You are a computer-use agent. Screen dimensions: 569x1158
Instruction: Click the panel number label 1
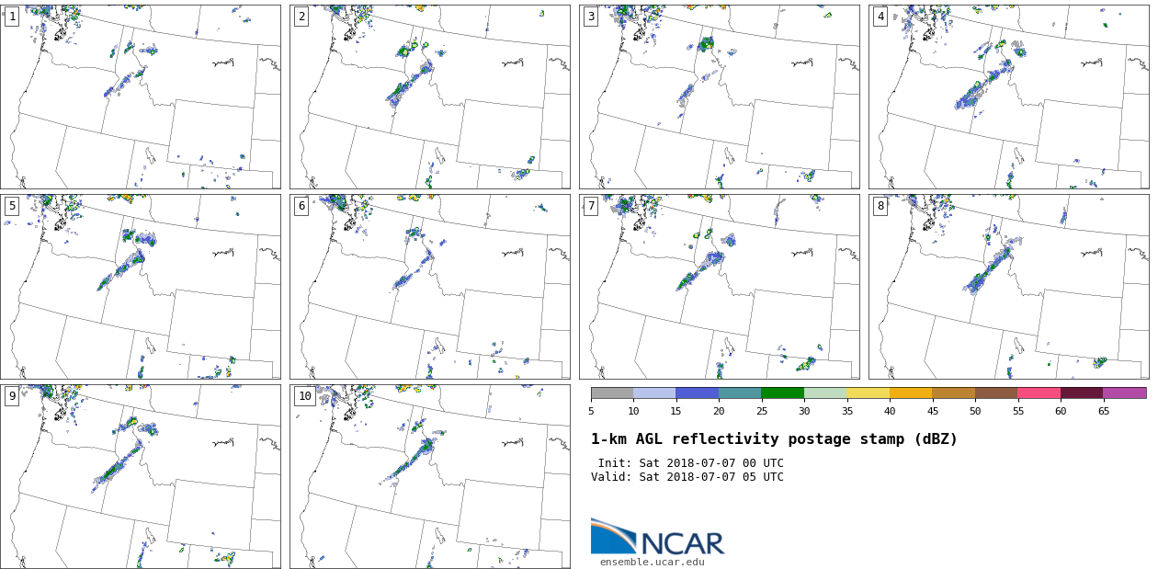(12, 17)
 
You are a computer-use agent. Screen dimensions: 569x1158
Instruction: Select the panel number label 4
(880, 17)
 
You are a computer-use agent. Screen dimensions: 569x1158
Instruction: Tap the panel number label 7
(591, 206)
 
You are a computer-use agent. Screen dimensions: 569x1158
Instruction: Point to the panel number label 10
(304, 396)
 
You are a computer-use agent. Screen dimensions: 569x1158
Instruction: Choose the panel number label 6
(301, 206)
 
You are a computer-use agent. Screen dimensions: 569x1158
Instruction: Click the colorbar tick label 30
(804, 411)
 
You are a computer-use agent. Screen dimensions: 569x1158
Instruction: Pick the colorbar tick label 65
(1103, 411)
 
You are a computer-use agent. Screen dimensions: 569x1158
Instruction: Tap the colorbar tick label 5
(591, 411)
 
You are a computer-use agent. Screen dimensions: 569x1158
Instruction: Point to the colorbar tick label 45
(932, 411)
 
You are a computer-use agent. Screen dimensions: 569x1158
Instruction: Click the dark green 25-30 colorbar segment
(782, 393)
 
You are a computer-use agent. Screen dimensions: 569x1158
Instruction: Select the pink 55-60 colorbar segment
(1039, 393)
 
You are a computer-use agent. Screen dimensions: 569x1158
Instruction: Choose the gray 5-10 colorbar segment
(612, 393)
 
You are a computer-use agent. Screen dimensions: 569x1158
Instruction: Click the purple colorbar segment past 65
(1124, 393)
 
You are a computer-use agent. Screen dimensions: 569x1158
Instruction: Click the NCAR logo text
(682, 543)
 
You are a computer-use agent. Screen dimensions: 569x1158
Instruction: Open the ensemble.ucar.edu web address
(653, 562)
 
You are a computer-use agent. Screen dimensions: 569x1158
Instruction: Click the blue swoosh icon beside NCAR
(612, 537)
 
